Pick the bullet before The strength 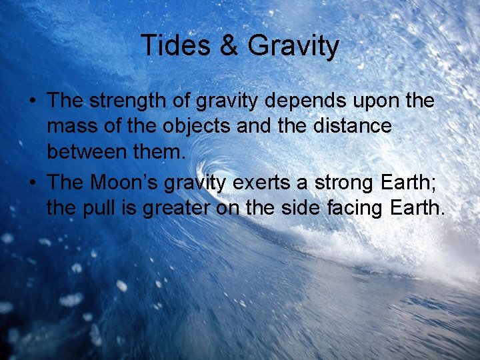(x=32, y=102)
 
